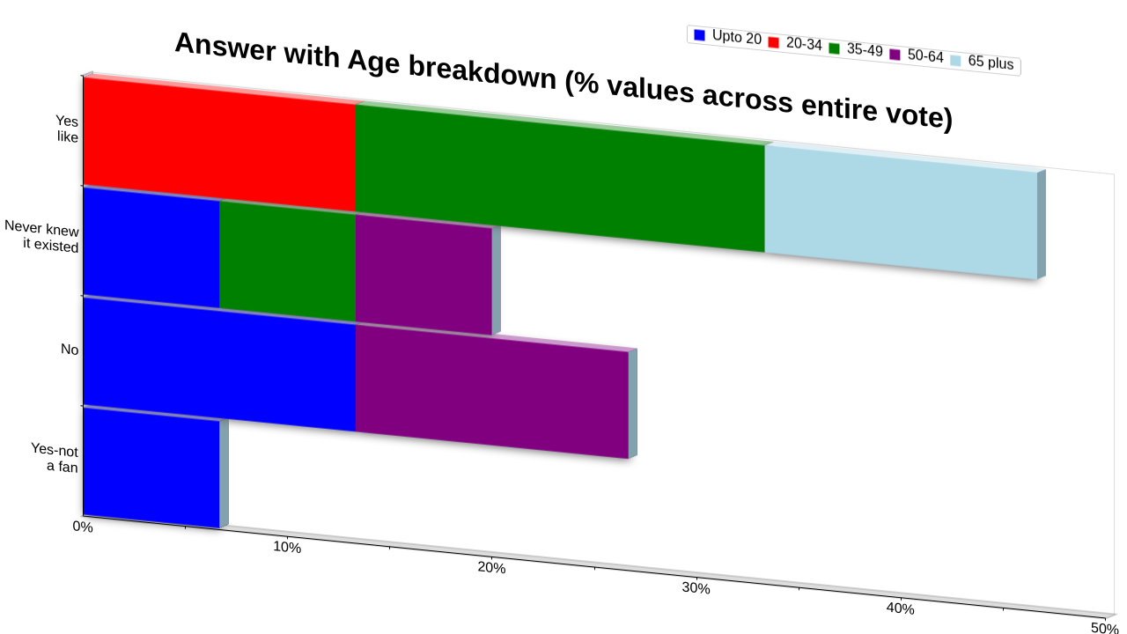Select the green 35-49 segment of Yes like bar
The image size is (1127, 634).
tap(560, 178)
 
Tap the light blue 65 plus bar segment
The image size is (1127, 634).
tap(901, 212)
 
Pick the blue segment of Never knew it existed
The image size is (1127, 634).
tap(151, 247)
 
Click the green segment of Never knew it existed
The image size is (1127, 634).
tap(288, 261)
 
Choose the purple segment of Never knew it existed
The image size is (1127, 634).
tap(424, 274)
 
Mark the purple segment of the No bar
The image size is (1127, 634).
tap(492, 391)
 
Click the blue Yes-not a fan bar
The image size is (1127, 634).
tap(151, 467)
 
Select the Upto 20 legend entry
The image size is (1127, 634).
tap(727, 37)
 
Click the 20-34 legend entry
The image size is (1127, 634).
tap(795, 43)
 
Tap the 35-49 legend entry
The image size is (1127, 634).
tap(856, 49)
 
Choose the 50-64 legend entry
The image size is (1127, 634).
tap(917, 55)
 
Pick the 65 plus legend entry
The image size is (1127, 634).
tap(983, 62)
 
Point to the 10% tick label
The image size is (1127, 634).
tap(287, 548)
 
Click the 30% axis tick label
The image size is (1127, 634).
tap(696, 588)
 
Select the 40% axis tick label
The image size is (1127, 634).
tap(900, 608)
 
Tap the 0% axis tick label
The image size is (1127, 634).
tap(83, 527)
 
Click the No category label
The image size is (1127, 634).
tap(70, 350)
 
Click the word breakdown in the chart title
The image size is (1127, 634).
tap(482, 73)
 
